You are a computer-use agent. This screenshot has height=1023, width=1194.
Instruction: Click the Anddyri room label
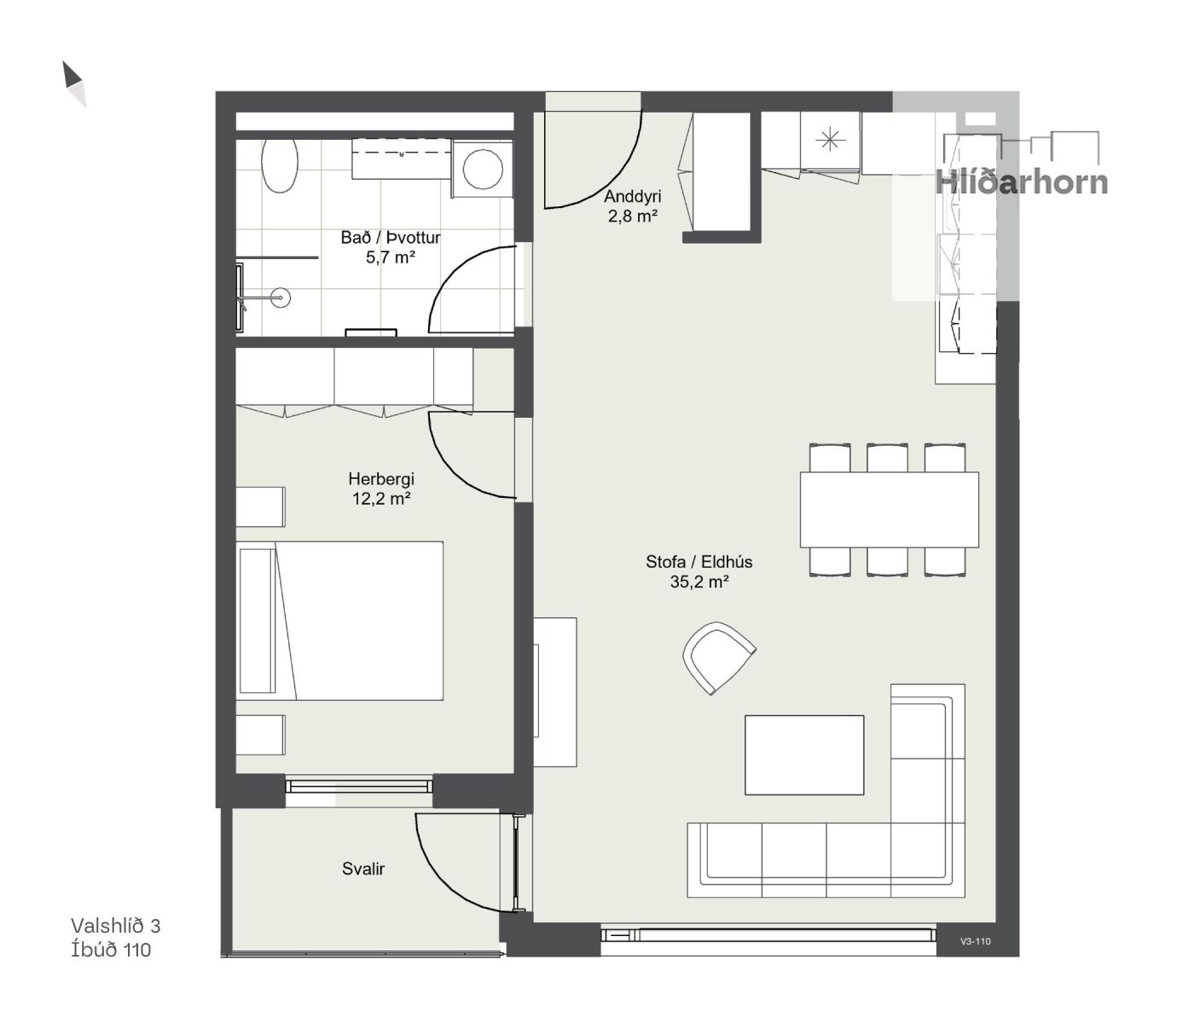(x=633, y=196)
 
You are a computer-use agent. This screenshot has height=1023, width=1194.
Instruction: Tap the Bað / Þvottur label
(x=391, y=237)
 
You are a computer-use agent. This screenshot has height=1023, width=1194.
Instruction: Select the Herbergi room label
(x=381, y=478)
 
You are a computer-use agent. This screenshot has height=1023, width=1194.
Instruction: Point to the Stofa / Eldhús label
(x=699, y=562)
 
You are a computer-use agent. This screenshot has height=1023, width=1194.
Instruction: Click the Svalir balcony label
(x=363, y=869)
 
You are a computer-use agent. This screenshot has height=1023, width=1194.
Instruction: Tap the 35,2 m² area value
(x=699, y=582)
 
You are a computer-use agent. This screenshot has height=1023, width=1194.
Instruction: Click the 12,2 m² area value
(x=381, y=499)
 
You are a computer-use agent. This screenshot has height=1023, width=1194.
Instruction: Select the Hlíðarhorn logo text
(x=1021, y=182)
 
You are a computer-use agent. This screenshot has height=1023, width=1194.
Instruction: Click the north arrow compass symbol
(x=74, y=84)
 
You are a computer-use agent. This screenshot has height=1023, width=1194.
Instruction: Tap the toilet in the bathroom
(x=280, y=165)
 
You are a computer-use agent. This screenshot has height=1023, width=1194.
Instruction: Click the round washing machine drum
(x=483, y=168)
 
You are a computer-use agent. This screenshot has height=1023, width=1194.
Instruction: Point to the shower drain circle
(x=281, y=298)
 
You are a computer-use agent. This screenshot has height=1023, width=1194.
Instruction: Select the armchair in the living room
(x=719, y=659)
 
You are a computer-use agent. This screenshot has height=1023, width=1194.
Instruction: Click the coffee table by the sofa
(x=804, y=755)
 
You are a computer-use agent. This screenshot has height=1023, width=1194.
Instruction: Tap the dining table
(x=890, y=510)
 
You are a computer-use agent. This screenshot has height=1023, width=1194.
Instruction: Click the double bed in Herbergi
(x=339, y=621)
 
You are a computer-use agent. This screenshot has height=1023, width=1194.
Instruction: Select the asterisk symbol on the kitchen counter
(x=830, y=140)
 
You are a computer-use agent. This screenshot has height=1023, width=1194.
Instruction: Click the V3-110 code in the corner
(x=976, y=942)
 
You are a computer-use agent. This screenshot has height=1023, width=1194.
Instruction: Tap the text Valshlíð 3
(x=115, y=926)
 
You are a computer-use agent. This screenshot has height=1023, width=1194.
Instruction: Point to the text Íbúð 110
(x=111, y=950)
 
